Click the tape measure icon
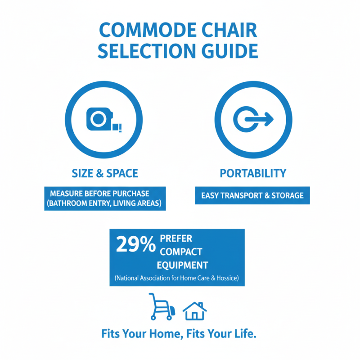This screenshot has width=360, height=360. point(104,119)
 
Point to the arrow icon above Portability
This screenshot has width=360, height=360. point(253,119)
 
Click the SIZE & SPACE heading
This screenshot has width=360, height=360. point(105,173)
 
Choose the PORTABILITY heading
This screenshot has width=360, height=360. point(252,173)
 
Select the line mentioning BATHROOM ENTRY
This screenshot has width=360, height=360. point(105,203)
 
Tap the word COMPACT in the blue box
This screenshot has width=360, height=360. point(179,251)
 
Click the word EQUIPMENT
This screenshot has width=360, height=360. point(182,264)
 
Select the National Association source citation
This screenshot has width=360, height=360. point(177,279)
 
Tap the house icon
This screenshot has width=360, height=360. point(194,310)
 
